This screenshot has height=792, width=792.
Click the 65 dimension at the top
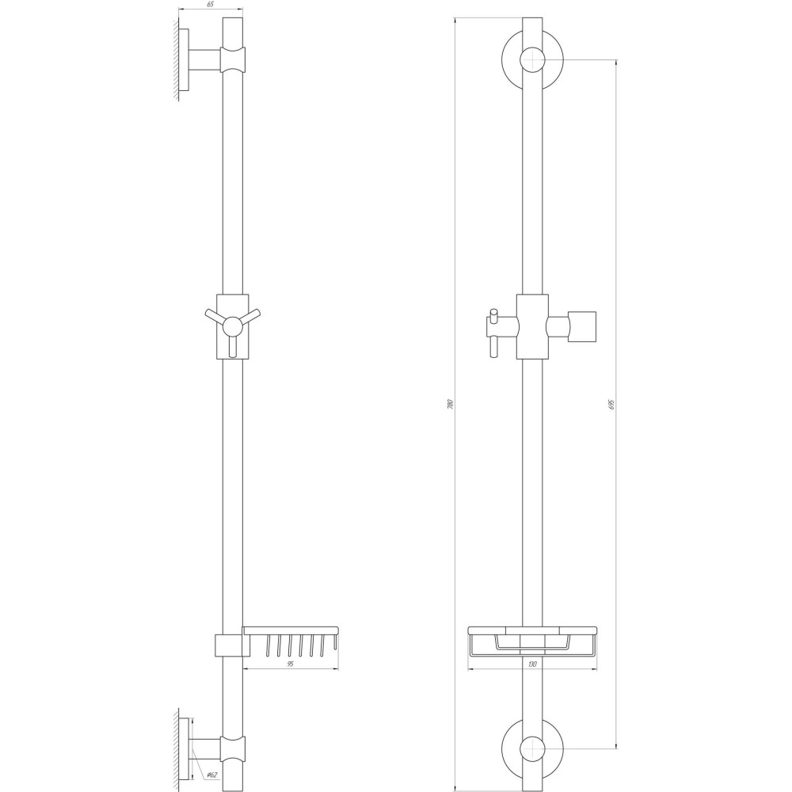pos(211,5)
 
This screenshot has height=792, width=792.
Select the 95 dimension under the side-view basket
pos(290,664)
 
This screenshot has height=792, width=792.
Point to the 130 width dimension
pos(531,664)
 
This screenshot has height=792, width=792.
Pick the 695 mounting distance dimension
pos(612,404)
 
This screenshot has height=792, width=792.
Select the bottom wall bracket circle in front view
pos(532,748)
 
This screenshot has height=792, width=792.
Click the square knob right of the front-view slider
pos(583,326)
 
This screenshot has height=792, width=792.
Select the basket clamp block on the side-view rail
pos(227,645)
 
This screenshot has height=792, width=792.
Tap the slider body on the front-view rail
pos(531,326)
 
